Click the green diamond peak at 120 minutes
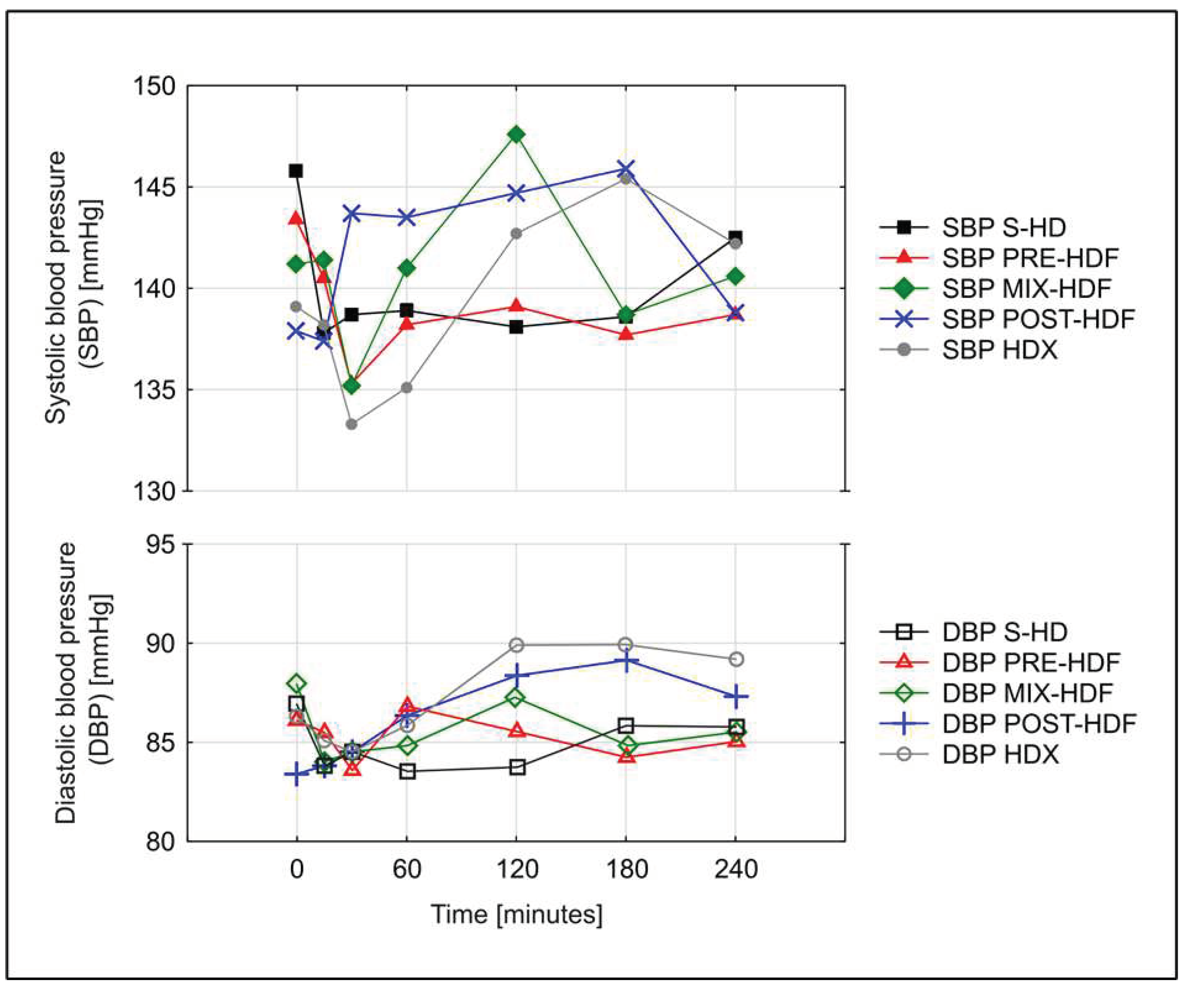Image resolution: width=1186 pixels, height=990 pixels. click(x=516, y=134)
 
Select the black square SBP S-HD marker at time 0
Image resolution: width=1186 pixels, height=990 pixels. click(x=295, y=171)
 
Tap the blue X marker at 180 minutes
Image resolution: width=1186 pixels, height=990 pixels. click(x=625, y=168)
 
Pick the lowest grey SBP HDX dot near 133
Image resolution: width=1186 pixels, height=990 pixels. click(x=351, y=424)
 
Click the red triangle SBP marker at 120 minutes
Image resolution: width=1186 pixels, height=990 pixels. click(x=516, y=306)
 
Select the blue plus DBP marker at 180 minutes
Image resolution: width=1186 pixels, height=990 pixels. click(x=625, y=660)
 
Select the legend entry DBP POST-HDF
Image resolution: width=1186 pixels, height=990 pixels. click(x=1038, y=723)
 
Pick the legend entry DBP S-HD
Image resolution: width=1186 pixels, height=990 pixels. click(x=1004, y=632)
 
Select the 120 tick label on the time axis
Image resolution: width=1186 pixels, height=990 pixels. click(x=516, y=869)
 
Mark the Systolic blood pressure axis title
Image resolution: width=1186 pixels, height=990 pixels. click(x=73, y=288)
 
